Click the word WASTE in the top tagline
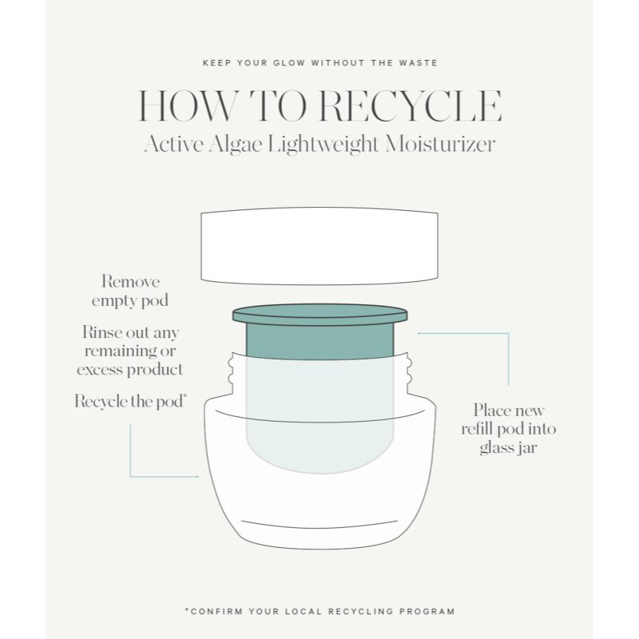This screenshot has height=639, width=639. tap(414, 62)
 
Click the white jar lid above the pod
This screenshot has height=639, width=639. tap(319, 245)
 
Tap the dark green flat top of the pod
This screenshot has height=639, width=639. tap(319, 314)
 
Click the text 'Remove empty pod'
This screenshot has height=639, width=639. tap(130, 292)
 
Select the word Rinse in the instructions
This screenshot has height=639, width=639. tap(101, 332)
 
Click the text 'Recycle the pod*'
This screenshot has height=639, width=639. tap(130, 402)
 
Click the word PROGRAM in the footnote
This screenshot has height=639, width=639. tap(427, 611)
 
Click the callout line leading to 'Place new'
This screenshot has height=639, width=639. tap(509, 359)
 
